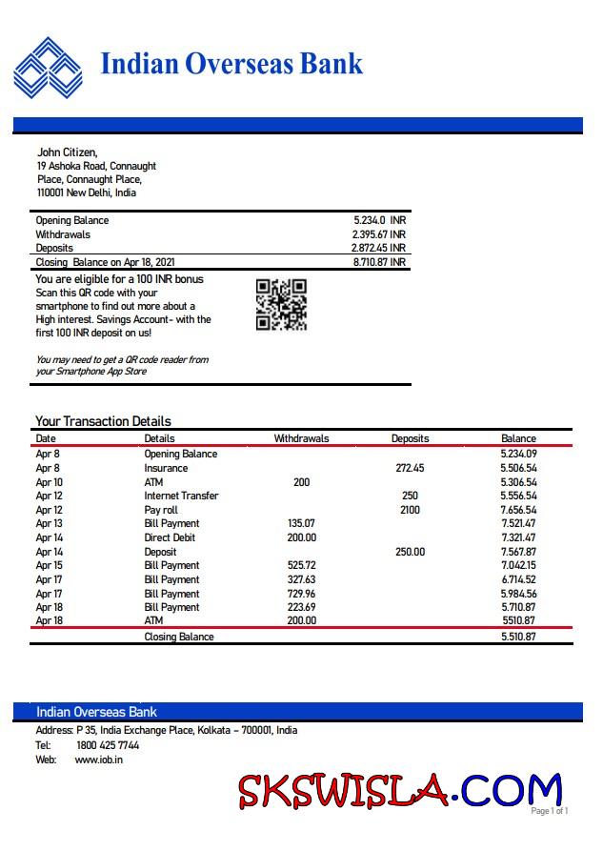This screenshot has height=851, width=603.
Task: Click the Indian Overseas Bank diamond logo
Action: click(x=48, y=67)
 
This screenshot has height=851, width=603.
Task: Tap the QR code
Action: click(x=281, y=304)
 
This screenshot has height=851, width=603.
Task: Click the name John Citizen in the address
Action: click(x=67, y=152)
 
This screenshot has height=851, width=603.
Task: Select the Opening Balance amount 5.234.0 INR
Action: click(x=379, y=220)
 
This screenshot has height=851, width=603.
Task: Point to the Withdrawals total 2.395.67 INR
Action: click(x=378, y=234)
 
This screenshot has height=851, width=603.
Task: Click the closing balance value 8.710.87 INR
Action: click(x=379, y=262)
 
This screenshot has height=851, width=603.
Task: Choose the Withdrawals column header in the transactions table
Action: click(x=301, y=438)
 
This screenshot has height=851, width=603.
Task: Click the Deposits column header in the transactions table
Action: click(x=410, y=438)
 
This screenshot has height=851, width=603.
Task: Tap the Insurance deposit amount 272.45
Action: click(x=410, y=468)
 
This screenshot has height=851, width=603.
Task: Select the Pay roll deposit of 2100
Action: click(x=410, y=510)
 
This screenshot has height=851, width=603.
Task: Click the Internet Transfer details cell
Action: click(x=181, y=496)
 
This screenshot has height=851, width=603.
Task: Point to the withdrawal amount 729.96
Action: click(x=301, y=593)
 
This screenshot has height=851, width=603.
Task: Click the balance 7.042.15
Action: click(x=518, y=565)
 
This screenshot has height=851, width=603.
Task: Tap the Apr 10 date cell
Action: click(x=49, y=482)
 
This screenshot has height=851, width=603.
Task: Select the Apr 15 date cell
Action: click(x=49, y=565)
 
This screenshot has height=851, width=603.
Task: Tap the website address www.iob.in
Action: click(x=98, y=760)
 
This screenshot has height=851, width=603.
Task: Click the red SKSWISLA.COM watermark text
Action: click(x=400, y=790)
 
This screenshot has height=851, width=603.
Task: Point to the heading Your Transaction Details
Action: click(x=103, y=421)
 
